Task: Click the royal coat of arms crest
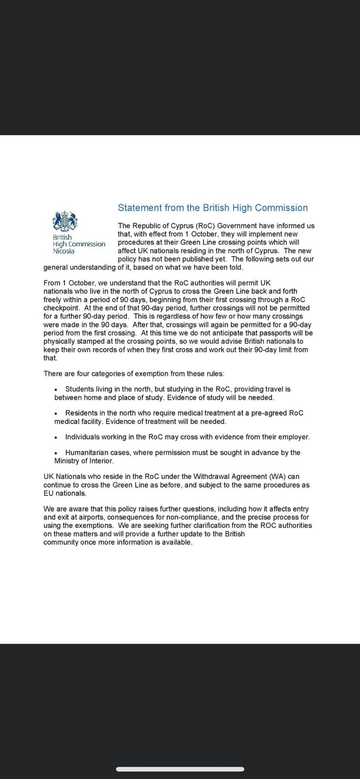pos(65,221)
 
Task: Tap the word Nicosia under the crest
pos(64,251)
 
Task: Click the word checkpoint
pos(61,308)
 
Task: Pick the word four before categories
pos(84,374)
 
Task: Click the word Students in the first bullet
pos(80,389)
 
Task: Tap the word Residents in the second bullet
pos(82,413)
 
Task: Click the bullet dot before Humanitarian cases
pos(56,453)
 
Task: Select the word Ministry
pos(67,461)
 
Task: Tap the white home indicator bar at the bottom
pos(180,769)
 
